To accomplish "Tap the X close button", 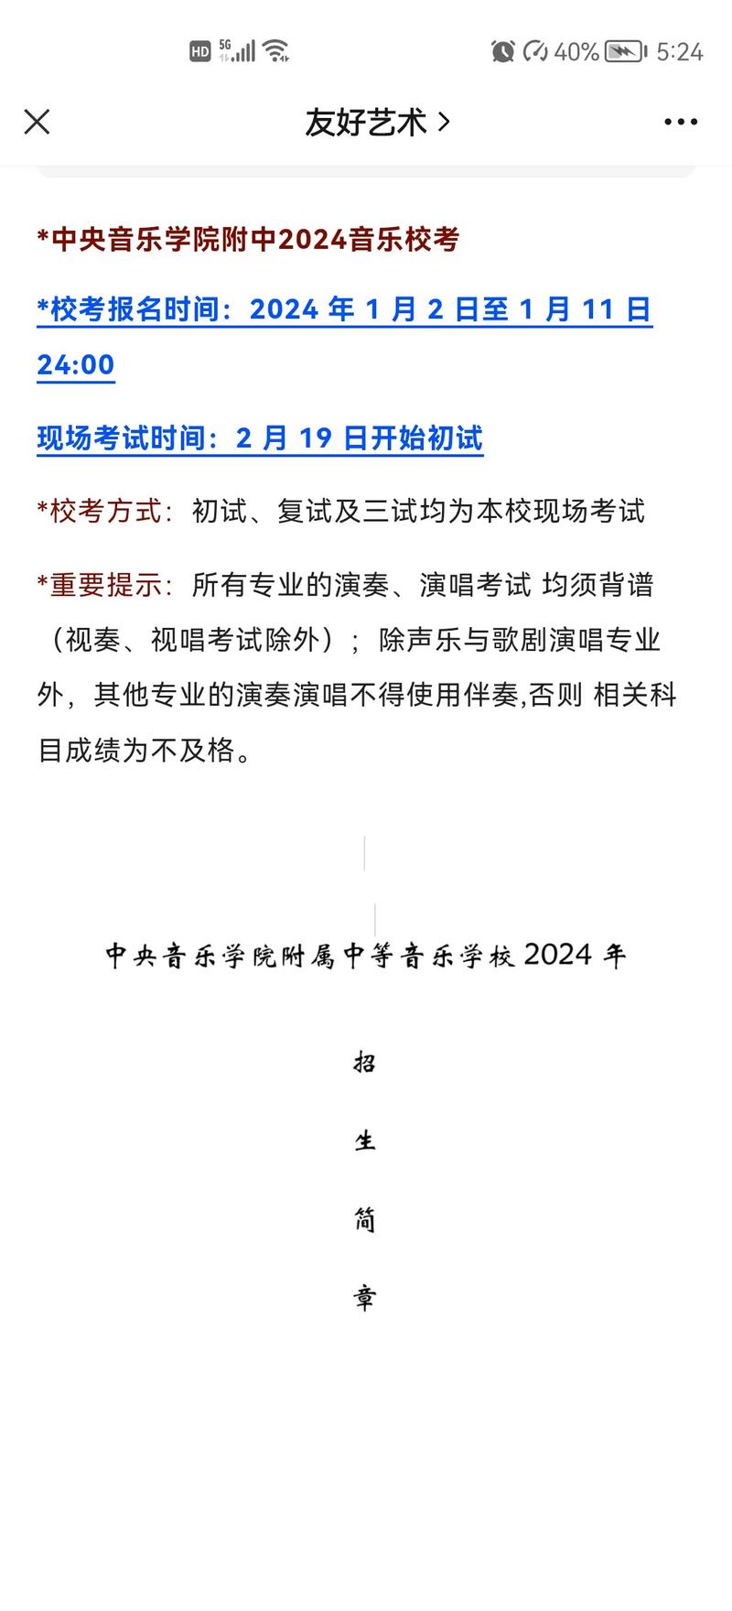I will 37,122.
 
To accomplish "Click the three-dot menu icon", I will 681,122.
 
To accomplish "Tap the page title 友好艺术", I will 366,122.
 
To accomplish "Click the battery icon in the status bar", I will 626,51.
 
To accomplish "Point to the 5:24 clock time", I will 680,51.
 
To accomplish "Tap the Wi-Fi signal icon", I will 275,50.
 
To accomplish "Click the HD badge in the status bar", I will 200,52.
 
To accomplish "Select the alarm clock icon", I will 502,51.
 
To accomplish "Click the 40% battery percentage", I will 576,51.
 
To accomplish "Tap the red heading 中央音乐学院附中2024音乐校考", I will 248,240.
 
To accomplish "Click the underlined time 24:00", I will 76,365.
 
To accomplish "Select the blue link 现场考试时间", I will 121,438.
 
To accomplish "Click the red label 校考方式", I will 105,511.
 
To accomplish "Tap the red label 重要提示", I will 105,585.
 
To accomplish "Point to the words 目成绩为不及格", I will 145,751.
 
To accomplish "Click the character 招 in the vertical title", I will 365,1063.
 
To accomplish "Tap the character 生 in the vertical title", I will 365,1141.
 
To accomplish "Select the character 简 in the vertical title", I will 365,1219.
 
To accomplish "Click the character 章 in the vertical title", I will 365,1298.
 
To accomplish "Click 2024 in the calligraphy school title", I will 558,955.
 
